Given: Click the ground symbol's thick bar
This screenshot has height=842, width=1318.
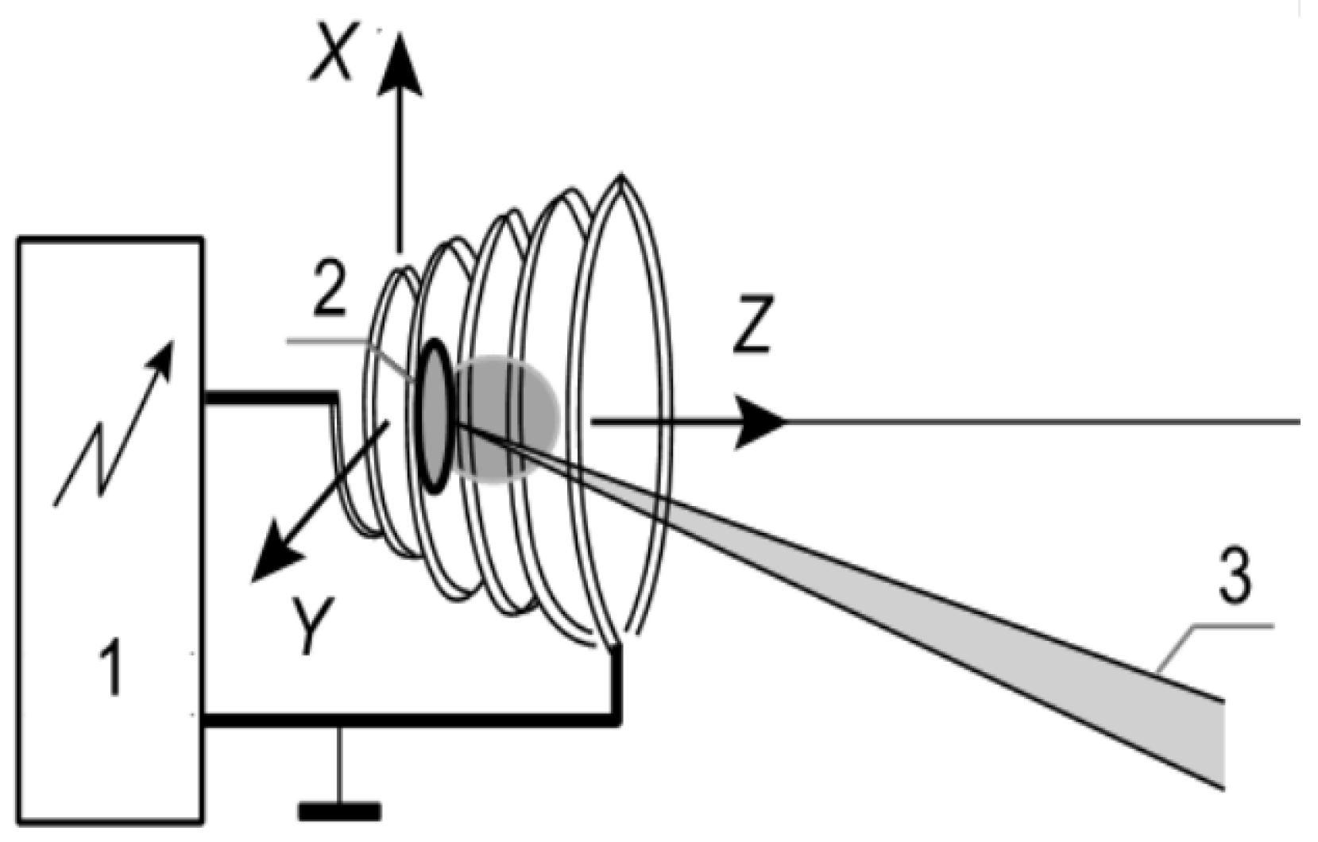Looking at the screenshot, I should [339, 812].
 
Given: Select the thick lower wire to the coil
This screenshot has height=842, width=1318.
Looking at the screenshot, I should [413, 720].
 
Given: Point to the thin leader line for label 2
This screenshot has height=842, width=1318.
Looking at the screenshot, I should [350, 343].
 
